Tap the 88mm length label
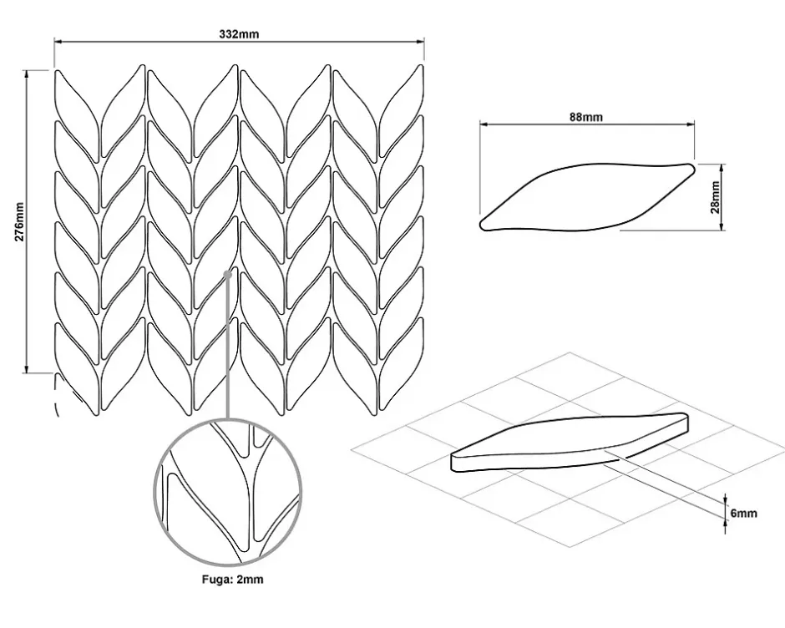(586, 117)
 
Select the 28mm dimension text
(716, 196)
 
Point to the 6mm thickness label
(743, 513)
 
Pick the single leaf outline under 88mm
(585, 197)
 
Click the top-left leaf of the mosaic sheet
(76, 109)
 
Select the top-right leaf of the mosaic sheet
(403, 109)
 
